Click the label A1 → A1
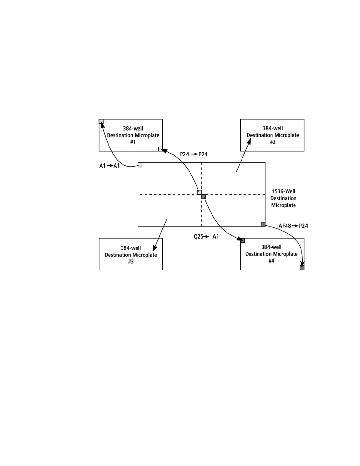[109, 166]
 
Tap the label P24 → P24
[194, 154]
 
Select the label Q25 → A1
[206, 237]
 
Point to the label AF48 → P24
[293, 226]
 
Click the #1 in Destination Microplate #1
[133, 142]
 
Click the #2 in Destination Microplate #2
[273, 142]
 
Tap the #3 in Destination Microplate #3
[131, 262]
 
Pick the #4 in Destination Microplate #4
[271, 261]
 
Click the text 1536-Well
[283, 192]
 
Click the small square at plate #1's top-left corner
[101, 121]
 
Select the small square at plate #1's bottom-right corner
[161, 149]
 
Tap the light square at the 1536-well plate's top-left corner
[140, 165]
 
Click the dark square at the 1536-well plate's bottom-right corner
[263, 224]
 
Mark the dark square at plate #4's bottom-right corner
[302, 267]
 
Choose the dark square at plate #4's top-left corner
[243, 240]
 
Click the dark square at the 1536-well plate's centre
[204, 197]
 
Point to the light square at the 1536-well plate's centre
[199, 192]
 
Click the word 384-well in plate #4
[271, 247]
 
